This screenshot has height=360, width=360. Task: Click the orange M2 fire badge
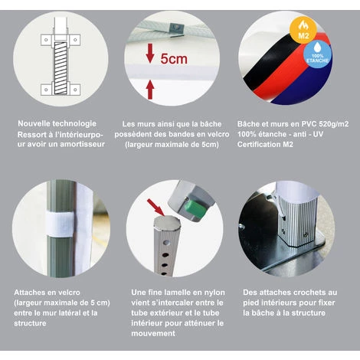tap(303, 30)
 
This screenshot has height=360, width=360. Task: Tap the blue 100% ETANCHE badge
tap(317, 54)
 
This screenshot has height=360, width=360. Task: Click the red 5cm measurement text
tap(174, 59)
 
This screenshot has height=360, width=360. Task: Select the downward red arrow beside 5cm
tap(150, 53)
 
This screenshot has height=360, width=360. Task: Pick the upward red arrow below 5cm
tap(150, 90)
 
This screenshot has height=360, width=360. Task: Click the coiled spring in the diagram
tap(61, 68)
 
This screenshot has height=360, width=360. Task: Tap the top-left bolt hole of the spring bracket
tap(46, 40)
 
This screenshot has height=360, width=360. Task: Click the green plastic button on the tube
tap(196, 209)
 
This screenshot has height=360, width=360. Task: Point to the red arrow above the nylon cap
tap(155, 207)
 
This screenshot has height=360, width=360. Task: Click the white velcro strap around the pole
tap(61, 224)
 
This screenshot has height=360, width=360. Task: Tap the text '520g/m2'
tap(334, 124)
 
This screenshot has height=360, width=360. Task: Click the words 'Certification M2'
tap(265, 145)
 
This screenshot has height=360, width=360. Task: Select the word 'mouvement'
tap(153, 333)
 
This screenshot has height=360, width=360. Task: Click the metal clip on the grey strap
tap(175, 28)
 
